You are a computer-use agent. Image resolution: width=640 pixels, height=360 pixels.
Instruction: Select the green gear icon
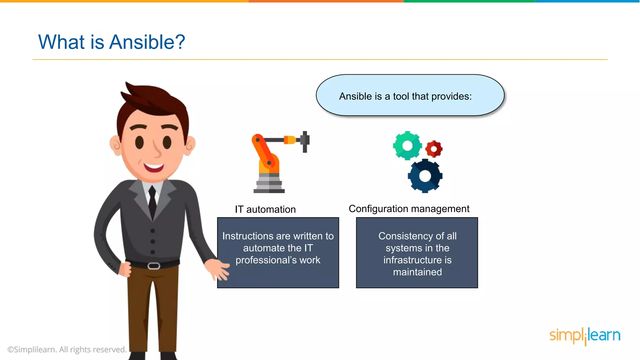coord(407,146)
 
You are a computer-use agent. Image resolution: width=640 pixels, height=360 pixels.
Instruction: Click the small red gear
coord(434,149)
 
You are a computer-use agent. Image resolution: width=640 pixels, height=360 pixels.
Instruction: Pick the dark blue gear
coord(425,176)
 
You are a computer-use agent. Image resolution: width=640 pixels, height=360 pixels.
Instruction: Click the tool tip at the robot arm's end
coord(305,142)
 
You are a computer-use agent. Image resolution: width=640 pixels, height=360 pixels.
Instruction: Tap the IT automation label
coord(265,209)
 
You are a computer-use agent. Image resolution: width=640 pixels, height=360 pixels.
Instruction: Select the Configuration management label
coord(409,209)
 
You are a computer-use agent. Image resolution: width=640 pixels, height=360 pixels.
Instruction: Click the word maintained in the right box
coord(417,272)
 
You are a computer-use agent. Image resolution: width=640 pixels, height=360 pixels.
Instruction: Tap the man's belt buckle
coord(154,266)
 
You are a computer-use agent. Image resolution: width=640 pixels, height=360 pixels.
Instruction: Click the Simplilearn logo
coord(584,336)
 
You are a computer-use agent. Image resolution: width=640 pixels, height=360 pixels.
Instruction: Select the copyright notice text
coord(67,349)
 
